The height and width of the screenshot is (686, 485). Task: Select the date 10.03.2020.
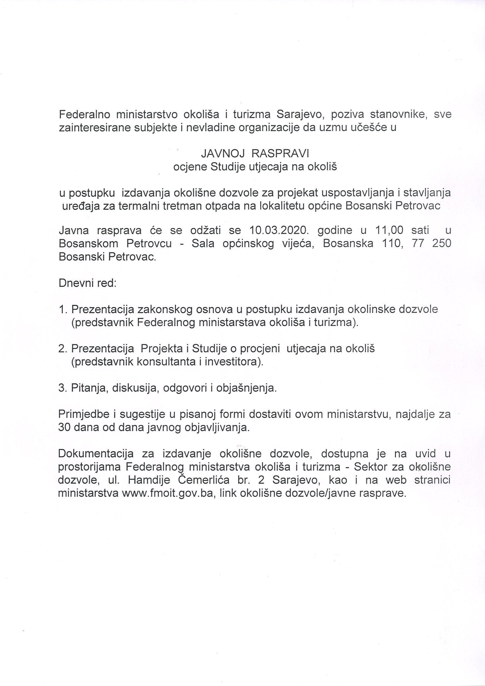[277, 230]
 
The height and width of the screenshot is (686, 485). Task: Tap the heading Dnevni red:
[87, 283]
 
